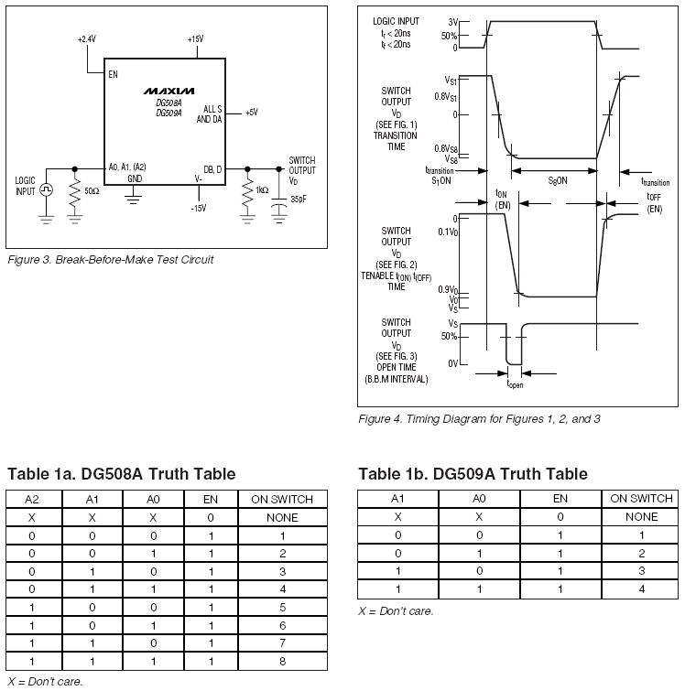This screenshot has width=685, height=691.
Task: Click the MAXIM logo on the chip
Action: pos(169,92)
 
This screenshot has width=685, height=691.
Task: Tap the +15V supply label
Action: pos(195,39)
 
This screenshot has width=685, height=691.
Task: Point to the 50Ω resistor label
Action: pos(92,192)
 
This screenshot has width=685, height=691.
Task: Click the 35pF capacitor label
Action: pos(299,199)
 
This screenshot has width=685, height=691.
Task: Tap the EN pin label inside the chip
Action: pos(113,74)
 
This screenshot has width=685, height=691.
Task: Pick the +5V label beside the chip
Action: pos(251,113)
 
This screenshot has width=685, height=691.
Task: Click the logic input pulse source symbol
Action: pos(46,190)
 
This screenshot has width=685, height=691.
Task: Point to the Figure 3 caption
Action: pos(110,260)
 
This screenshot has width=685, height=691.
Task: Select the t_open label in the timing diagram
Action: pos(516,384)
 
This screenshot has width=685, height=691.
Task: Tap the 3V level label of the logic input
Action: pos(452,21)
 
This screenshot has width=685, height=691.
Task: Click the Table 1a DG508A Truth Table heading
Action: pos(121,474)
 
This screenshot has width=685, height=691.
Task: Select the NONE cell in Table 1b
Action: pos(641,516)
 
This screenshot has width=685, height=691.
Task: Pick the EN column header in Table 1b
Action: pos(560,499)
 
